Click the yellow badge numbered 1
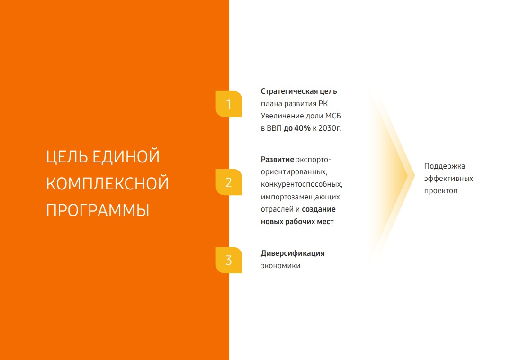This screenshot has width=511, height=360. (229, 104)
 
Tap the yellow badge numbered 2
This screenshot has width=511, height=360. (229, 182)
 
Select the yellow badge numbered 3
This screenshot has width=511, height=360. (229, 260)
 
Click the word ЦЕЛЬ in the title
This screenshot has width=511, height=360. (66, 157)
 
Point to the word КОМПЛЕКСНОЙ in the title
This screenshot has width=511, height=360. (107, 183)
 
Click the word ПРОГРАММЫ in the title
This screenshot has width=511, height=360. (98, 210)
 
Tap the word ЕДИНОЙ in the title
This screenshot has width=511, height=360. (126, 156)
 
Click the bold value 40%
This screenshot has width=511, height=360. (303, 128)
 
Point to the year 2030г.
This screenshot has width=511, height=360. (330, 128)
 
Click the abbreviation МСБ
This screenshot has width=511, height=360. (333, 116)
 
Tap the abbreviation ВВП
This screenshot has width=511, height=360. (274, 128)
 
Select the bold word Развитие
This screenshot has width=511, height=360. (278, 160)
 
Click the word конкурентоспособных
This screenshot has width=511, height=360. (302, 185)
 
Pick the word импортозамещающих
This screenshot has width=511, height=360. (300, 197)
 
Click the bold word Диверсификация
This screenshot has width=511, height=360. (293, 254)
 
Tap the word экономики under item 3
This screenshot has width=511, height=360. (280, 266)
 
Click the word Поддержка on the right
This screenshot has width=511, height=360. (445, 166)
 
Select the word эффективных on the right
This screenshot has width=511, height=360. (448, 179)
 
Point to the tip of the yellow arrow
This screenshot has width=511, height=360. (414, 175)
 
